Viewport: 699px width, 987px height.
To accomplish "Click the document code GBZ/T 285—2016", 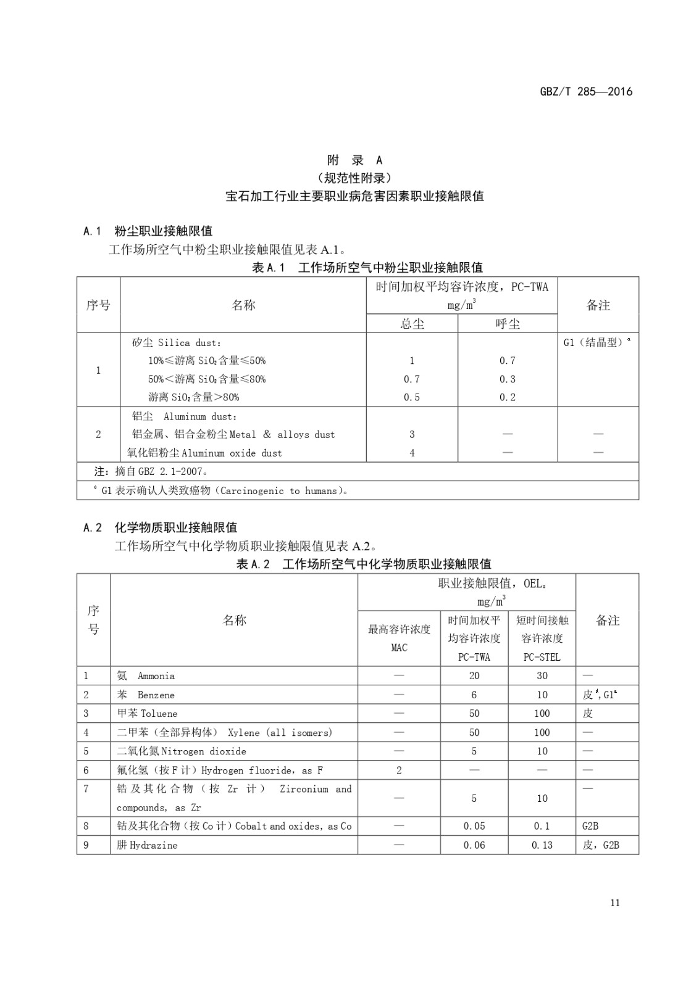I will [x=586, y=91].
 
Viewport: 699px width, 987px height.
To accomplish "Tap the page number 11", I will [x=614, y=902].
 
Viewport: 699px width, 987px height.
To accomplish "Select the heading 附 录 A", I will [x=354, y=160].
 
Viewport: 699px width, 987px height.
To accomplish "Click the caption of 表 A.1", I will [x=367, y=267].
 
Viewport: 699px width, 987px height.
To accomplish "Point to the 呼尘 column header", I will [x=508, y=324].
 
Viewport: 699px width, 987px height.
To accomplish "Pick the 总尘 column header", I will [x=412, y=324].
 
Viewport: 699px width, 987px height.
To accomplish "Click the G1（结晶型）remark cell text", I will [x=596, y=342].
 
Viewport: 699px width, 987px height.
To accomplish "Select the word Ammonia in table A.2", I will [x=156, y=676].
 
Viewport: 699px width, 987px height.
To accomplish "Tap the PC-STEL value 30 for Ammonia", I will [x=542, y=676].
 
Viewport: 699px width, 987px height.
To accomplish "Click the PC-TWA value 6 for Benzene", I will [x=474, y=695].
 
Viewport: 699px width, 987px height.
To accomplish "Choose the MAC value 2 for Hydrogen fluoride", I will [x=399, y=770].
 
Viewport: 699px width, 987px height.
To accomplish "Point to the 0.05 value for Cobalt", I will [x=474, y=826].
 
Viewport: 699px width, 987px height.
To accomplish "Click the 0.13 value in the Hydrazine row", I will [x=542, y=845].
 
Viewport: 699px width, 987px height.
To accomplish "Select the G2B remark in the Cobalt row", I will [x=590, y=826].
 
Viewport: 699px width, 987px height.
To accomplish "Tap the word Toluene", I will [x=159, y=714].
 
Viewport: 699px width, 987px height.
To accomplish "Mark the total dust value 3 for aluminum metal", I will [x=412, y=434].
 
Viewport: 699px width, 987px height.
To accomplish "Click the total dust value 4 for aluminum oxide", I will [x=412, y=453].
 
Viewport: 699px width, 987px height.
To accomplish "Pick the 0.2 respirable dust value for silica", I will [x=508, y=397].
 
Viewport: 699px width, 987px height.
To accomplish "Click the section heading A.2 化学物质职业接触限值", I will [x=161, y=527].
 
